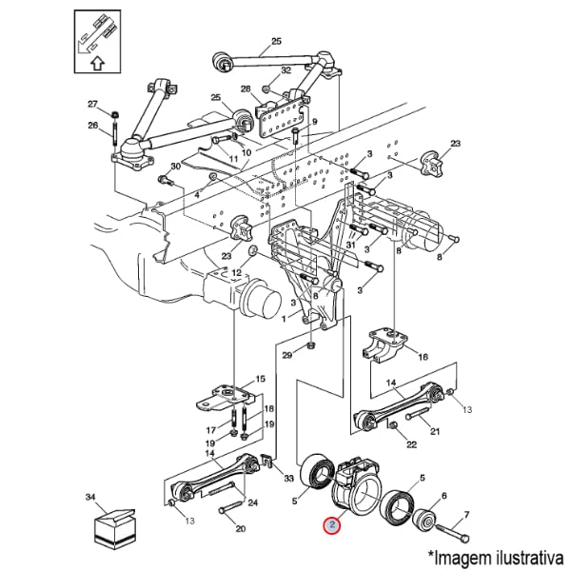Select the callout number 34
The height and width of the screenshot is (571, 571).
91,497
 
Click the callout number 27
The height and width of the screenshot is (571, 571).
93,104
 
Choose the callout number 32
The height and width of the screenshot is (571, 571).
285,71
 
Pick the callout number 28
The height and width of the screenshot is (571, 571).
245,89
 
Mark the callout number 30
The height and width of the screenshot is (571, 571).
174,167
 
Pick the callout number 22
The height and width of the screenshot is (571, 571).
411,443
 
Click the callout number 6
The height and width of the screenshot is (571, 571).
443,496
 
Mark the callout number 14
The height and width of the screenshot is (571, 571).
390,383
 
